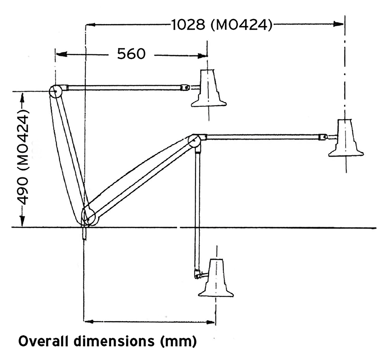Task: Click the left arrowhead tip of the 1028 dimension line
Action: (x=87, y=24)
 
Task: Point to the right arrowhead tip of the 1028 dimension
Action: (x=344, y=24)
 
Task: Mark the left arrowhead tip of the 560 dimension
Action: (x=56, y=54)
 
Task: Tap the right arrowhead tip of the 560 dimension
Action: (x=207, y=56)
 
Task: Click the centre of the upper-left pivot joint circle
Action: (x=56, y=91)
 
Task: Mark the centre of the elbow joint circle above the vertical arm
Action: (x=194, y=141)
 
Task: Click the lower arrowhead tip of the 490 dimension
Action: (x=22, y=226)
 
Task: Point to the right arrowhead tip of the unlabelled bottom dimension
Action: (x=215, y=322)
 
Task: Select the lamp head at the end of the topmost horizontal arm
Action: (x=209, y=88)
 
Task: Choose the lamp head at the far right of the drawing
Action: (x=346, y=138)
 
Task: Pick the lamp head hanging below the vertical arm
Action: (x=216, y=278)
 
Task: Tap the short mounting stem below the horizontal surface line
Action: (x=84, y=234)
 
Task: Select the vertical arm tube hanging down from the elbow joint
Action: (x=197, y=209)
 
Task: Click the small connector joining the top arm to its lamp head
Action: (x=185, y=88)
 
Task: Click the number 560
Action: (x=131, y=54)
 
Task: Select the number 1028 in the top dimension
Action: (x=188, y=24)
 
